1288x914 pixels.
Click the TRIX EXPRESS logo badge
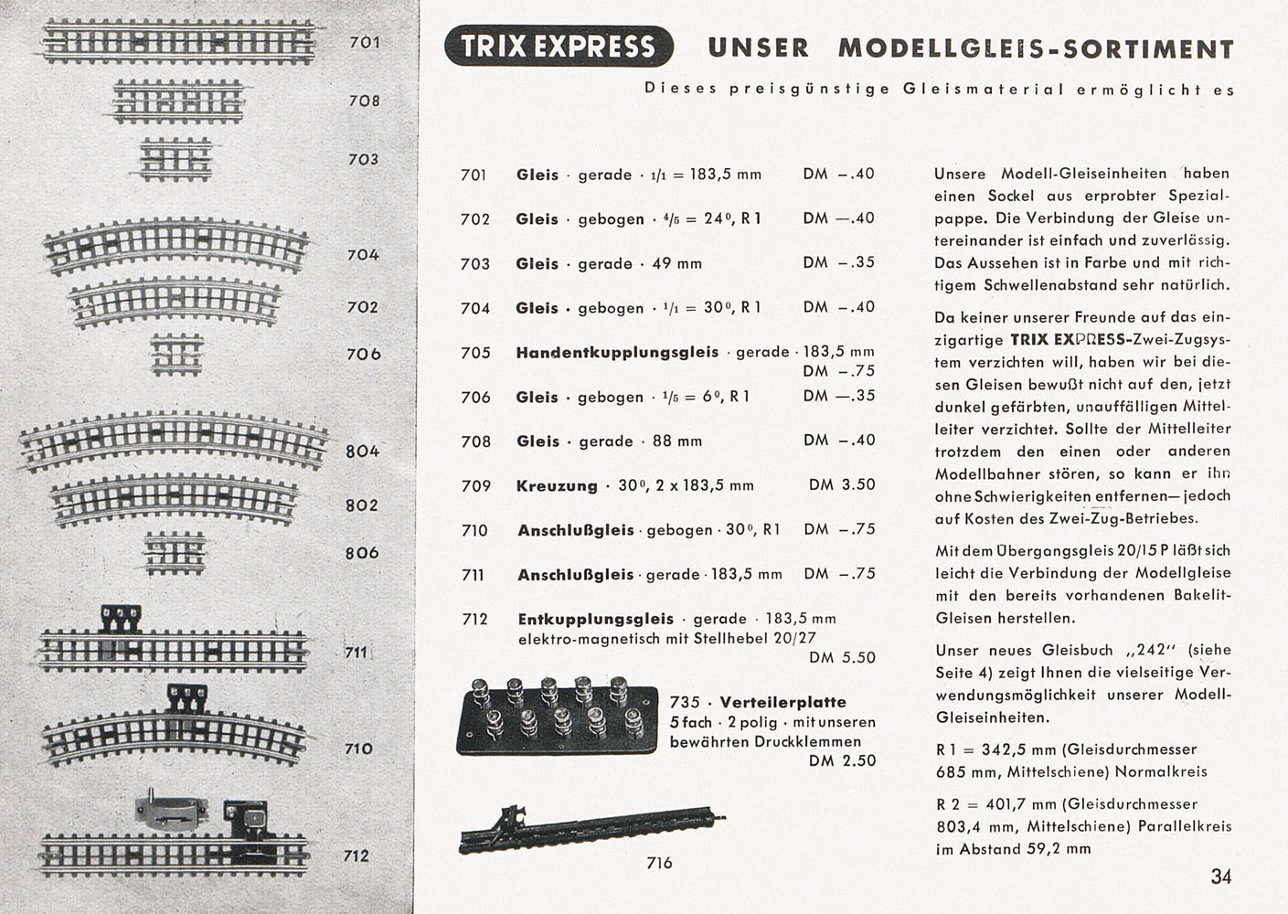559,47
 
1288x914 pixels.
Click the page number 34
1221,877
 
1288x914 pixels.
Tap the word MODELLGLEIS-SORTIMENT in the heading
1036,48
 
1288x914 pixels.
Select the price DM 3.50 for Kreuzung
842,484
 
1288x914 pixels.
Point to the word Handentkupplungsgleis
617,352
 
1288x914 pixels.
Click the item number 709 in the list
475,485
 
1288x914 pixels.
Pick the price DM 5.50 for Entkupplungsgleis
842,657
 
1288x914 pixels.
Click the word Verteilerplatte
782,702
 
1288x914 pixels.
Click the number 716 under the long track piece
659,863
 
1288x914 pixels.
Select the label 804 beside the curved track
362,451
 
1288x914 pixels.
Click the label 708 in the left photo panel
364,101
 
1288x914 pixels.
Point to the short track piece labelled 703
176,158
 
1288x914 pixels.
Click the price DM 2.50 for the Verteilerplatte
842,760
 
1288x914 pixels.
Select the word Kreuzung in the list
556,485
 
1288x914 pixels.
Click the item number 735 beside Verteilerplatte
685,702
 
